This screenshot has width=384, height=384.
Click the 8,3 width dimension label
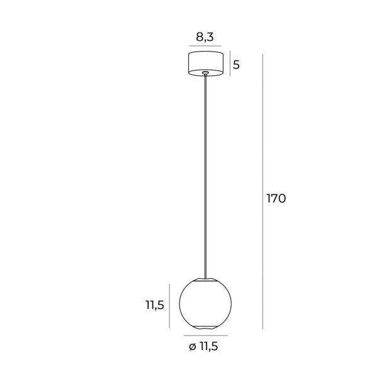click(205, 37)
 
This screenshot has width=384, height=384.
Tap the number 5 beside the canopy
click(236, 65)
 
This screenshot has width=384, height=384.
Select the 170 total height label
click(276, 198)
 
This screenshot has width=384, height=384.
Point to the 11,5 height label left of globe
click(155, 305)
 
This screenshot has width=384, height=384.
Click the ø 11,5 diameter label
click(203, 346)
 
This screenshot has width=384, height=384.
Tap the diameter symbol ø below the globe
click(193, 347)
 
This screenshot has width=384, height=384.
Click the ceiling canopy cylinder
click(206, 64)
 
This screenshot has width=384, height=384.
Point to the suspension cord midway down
click(205, 176)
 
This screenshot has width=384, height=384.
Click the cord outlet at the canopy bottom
click(205, 72)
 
